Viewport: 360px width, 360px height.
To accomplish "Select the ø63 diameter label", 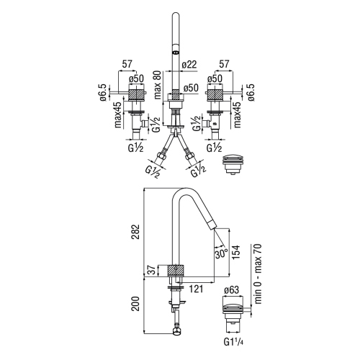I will [232, 290].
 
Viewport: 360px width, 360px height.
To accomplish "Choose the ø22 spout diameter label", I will [189, 65].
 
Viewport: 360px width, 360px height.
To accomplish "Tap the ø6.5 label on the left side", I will [105, 94].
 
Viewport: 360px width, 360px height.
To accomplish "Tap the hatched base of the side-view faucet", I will [177, 271].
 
